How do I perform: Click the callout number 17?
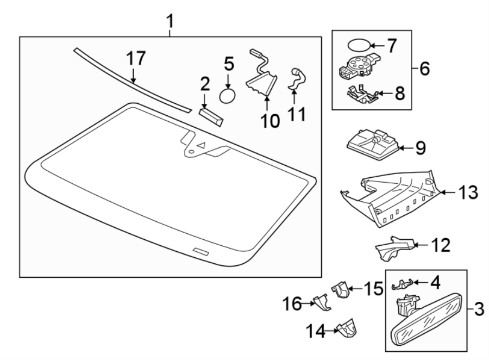click(137, 59)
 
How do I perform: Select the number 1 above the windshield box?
click(170, 22)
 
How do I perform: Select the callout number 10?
click(269, 120)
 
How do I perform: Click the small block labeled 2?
click(210, 115)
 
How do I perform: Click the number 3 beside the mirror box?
click(479, 311)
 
